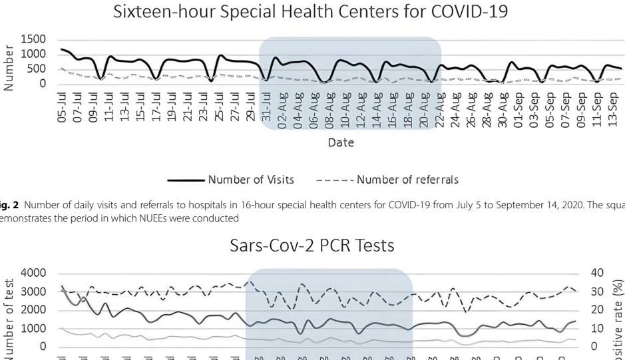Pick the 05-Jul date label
(65, 110)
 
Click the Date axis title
(340, 142)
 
